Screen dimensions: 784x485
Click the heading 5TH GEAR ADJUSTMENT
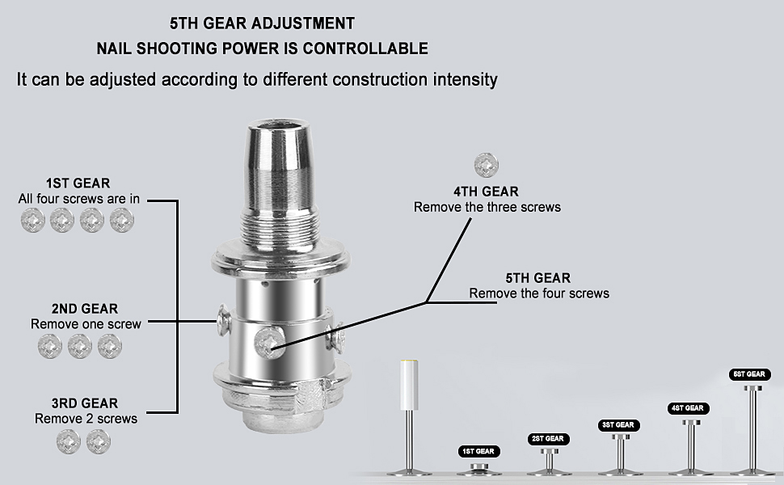coord(262,23)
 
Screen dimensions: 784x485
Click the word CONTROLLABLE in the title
coord(365,48)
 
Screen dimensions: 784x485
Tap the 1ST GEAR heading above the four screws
coord(78,183)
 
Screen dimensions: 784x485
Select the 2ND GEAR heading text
coord(85,309)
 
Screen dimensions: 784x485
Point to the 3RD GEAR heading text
coord(85,403)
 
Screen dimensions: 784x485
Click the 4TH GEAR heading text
coord(486,192)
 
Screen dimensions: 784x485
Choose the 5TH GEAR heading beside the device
coord(538,278)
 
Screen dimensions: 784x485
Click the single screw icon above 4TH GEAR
coord(487,165)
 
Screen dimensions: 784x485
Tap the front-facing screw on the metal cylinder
coord(269,343)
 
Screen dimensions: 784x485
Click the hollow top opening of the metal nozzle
coord(280,125)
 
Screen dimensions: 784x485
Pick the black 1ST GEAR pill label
coord(478,451)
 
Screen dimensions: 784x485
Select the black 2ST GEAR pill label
coord(548,438)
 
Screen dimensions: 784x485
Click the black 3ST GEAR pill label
coord(618,425)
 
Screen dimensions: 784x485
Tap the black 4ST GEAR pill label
coord(688,408)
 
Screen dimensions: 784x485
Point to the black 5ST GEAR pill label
coord(749,374)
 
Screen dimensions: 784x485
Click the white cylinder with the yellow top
coord(409,385)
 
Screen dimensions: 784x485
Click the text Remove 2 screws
coord(86,419)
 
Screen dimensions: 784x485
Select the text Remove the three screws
coord(487,207)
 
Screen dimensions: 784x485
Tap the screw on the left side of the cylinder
coord(224,320)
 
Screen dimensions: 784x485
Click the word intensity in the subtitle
coord(465,80)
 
